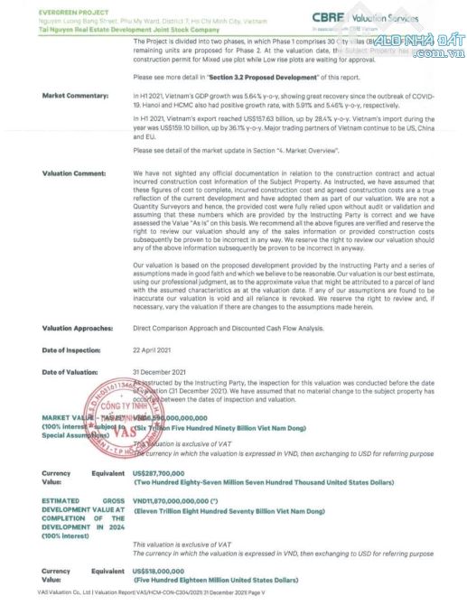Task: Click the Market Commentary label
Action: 75,95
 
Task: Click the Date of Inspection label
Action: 72,349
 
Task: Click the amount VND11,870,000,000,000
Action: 184,499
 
